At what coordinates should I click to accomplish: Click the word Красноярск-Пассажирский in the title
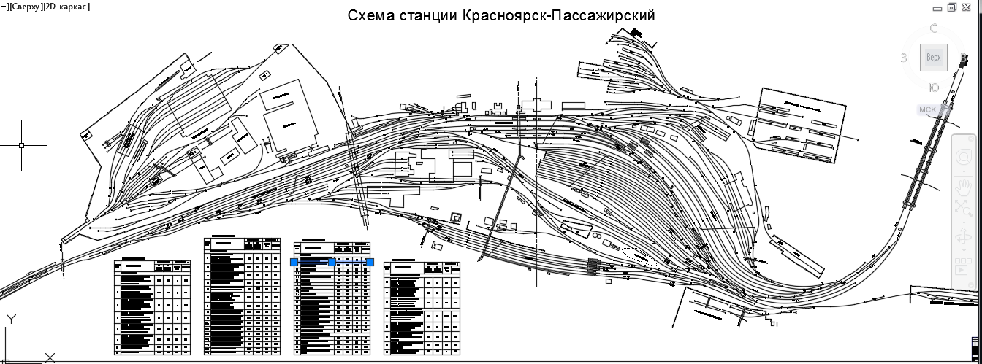(558, 15)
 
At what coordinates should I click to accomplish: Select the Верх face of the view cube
(934, 58)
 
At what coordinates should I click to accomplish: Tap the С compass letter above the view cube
(933, 29)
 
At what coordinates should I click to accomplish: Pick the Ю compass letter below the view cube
(933, 88)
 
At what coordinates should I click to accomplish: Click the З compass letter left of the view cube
(904, 58)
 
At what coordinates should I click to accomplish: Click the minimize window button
(937, 8)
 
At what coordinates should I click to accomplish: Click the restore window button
(951, 7)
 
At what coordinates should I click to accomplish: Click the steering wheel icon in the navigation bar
(963, 156)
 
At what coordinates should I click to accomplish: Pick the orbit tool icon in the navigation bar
(963, 239)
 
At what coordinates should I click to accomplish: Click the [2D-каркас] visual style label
(67, 7)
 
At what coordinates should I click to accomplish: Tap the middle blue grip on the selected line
(332, 262)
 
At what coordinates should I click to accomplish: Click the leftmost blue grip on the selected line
(294, 262)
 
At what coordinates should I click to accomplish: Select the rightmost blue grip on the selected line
(370, 262)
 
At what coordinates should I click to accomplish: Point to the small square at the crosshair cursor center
(22, 145)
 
